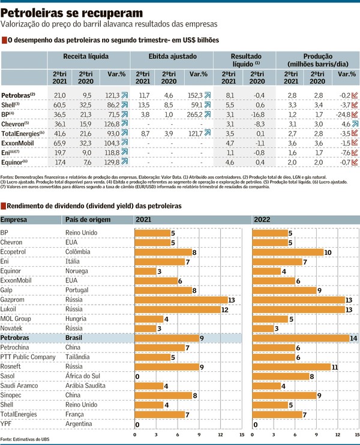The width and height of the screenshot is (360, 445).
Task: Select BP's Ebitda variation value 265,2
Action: (x=192, y=114)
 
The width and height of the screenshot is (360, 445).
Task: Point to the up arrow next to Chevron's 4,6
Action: (x=355, y=124)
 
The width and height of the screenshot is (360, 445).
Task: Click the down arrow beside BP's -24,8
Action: (x=355, y=114)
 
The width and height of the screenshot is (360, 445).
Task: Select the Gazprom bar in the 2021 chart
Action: (x=181, y=300)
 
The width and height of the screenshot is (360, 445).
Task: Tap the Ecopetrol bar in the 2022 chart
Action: (x=288, y=252)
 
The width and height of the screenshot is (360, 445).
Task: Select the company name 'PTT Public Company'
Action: (x=29, y=357)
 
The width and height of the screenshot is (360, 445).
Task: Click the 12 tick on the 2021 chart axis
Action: (x=220, y=434)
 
